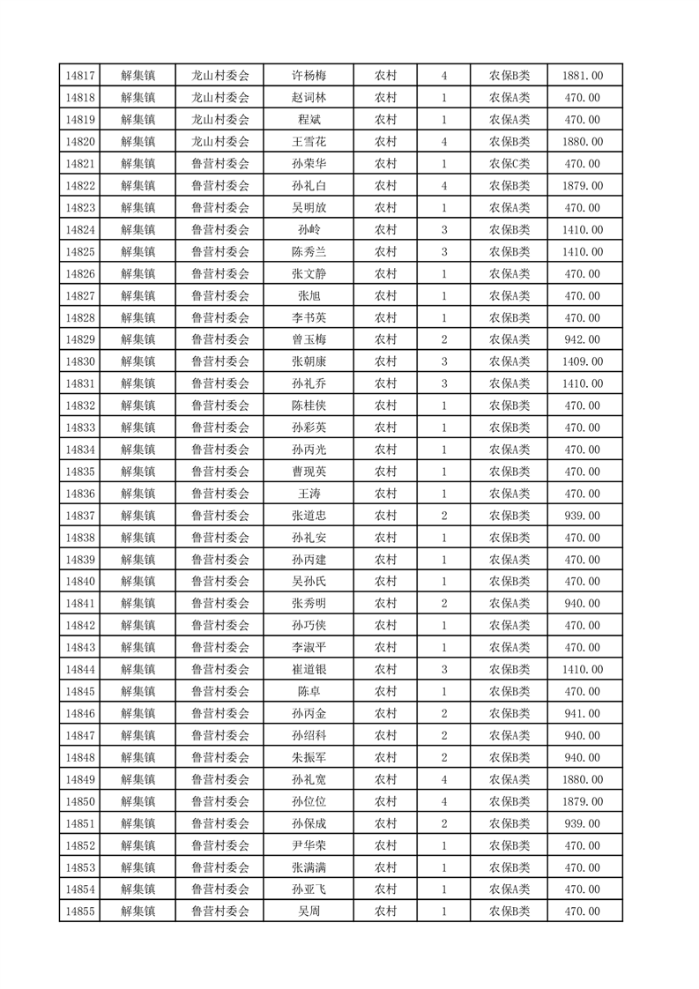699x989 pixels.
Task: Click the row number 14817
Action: (x=80, y=76)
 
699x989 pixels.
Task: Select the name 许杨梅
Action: (x=309, y=76)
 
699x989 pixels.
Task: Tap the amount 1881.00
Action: (x=583, y=76)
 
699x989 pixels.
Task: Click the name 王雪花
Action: (x=309, y=142)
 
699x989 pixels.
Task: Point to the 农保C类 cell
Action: (x=509, y=164)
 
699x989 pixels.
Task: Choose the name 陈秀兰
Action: (x=309, y=252)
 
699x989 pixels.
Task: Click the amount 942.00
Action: (x=583, y=339)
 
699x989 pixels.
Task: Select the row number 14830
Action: (x=80, y=361)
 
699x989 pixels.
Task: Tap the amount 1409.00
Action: (x=583, y=361)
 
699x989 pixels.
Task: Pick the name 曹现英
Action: (x=309, y=472)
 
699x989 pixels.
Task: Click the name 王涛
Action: (x=309, y=494)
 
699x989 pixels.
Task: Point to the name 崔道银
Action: (x=309, y=670)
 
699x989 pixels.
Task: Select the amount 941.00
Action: (x=583, y=714)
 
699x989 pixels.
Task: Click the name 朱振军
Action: (x=309, y=758)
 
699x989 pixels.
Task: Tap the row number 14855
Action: (x=80, y=911)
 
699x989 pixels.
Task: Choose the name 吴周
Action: (x=309, y=911)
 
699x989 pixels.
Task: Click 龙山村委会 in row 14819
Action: (x=220, y=120)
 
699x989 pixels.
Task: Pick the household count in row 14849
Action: (x=443, y=779)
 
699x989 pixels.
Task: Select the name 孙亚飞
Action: (x=309, y=889)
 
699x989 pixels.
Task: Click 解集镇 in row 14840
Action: (x=138, y=582)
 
